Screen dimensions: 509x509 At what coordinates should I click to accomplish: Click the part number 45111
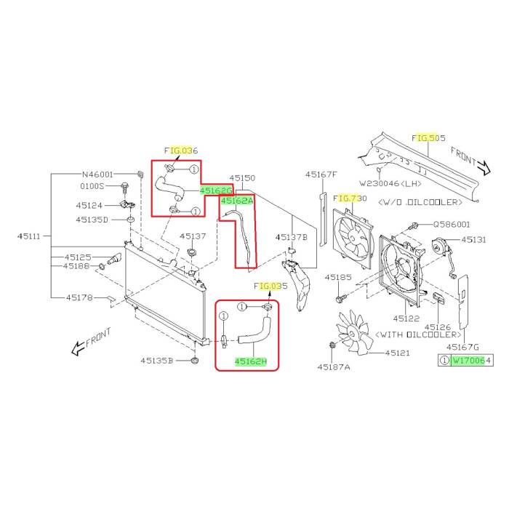(x=29, y=236)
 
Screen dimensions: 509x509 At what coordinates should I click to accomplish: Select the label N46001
(x=97, y=175)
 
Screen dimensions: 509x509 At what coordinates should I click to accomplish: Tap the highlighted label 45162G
(x=216, y=191)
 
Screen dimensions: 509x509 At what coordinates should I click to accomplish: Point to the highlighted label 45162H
(x=251, y=361)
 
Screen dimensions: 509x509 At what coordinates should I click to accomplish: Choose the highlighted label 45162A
(x=237, y=201)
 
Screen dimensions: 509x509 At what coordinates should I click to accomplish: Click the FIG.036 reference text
(x=181, y=151)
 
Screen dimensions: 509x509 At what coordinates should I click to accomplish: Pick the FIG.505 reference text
(x=428, y=138)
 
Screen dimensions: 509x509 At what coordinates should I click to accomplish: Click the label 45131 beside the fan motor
(x=473, y=239)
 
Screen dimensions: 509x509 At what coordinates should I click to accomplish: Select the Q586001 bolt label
(x=452, y=224)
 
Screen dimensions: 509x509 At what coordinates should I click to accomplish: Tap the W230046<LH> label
(x=390, y=183)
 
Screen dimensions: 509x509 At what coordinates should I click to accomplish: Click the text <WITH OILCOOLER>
(x=418, y=334)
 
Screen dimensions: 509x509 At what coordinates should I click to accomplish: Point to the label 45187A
(x=334, y=366)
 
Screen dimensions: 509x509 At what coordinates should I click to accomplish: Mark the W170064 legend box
(x=465, y=360)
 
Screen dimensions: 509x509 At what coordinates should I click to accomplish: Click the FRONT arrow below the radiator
(x=91, y=342)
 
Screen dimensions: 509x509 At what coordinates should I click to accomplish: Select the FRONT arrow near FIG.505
(x=470, y=161)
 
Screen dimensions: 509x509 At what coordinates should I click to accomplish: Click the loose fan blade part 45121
(x=354, y=333)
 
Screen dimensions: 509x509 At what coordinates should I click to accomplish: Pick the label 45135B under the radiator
(x=157, y=361)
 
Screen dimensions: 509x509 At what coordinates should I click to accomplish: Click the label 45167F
(x=321, y=175)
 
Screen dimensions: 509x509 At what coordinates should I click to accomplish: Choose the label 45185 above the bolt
(x=338, y=277)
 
